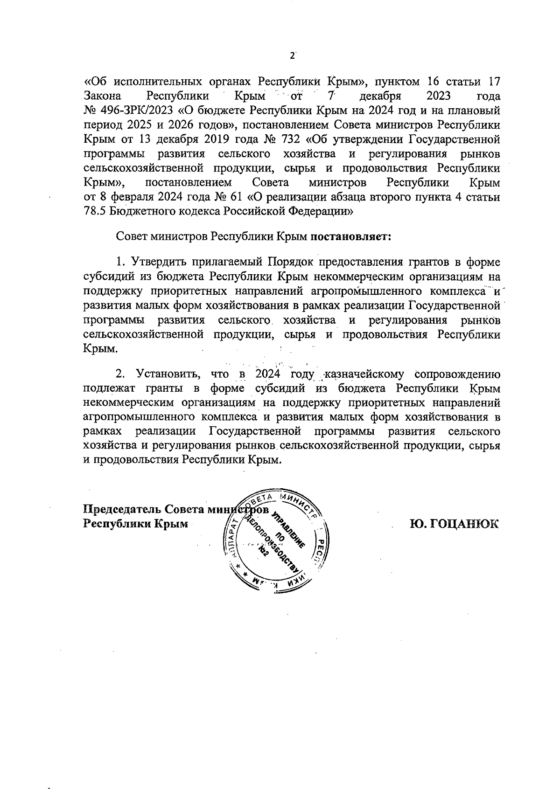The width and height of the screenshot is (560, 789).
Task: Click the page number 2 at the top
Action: pos(292,55)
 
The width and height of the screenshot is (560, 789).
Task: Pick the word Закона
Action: pos(103,97)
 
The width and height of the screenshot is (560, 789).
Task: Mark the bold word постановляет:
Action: pos(351,236)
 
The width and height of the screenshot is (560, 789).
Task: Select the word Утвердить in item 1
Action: pos(160,261)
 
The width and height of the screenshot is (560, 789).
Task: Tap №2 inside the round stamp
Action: pos(264,552)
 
